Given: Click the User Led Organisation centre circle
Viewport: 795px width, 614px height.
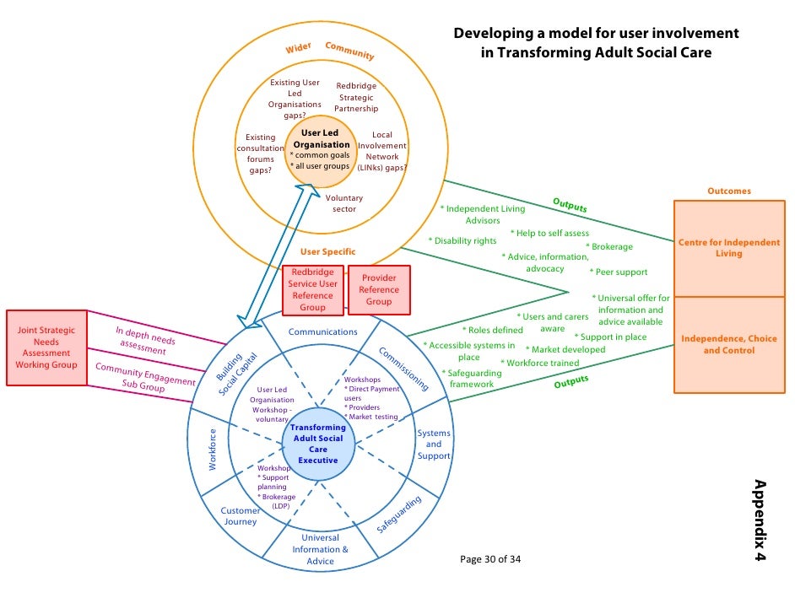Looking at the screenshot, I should point(320,150).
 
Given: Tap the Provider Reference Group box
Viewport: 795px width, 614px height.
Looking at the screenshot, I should point(379,290).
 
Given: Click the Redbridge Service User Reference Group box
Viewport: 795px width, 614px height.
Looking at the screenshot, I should point(312,290).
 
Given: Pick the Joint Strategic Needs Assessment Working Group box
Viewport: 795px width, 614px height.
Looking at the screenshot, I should point(46,347).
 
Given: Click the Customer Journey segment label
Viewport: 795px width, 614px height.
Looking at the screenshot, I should point(241,515).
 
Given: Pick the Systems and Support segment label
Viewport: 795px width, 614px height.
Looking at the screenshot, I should point(434,444).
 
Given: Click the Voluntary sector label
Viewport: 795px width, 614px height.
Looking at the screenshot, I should point(344,203).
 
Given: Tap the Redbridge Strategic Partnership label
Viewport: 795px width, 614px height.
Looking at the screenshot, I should point(356,97).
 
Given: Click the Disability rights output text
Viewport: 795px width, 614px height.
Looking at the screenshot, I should point(463,241).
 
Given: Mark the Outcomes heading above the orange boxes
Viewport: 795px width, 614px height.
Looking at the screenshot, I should point(729,191).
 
